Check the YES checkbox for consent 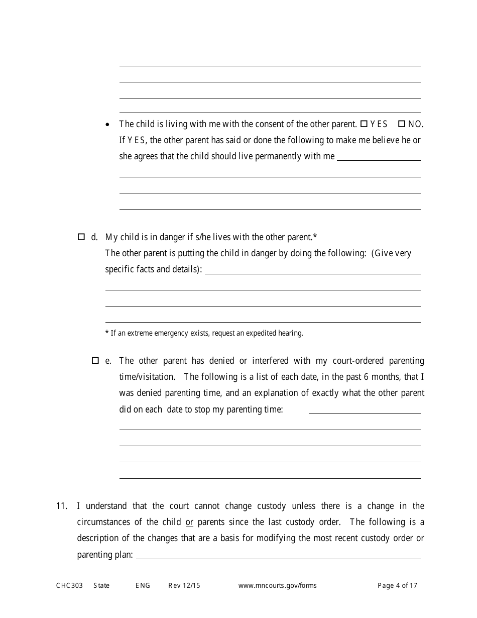pos(364,124)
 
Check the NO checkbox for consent pos(401,124)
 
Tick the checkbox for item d pos(81,237)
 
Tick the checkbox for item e pos(95,360)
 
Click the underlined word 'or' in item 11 pos(189,522)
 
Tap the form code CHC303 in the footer pos(69,585)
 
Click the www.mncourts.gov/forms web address pos(277,585)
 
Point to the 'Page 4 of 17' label pos(397,585)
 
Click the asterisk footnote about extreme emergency pos(204,333)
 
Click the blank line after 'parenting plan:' pos(278,555)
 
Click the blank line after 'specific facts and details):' pos(312,270)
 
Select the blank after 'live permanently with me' pos(379,157)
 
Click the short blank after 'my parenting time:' pos(365,410)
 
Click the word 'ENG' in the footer pos(143,585)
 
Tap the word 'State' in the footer pos(101,585)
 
